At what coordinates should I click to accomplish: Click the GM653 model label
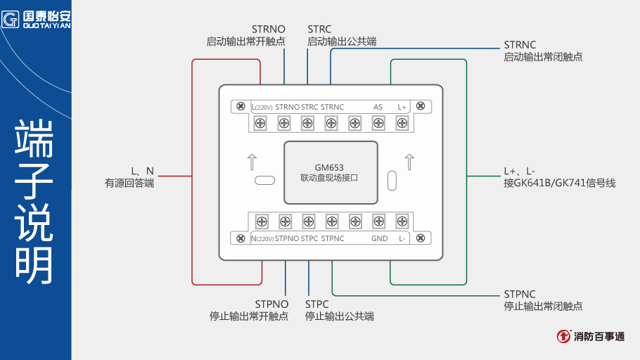(x=329, y=167)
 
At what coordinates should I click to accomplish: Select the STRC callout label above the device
(x=320, y=30)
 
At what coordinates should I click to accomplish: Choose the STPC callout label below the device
(x=317, y=304)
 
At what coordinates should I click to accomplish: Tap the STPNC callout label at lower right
(x=520, y=294)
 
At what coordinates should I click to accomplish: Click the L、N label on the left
(x=142, y=171)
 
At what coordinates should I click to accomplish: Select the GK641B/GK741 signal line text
(x=559, y=183)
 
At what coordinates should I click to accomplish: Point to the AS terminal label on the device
(x=378, y=107)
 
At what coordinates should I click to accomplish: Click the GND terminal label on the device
(x=379, y=238)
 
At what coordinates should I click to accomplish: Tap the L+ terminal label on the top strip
(x=402, y=107)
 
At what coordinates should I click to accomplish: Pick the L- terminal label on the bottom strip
(x=402, y=238)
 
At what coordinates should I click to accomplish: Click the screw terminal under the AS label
(x=378, y=124)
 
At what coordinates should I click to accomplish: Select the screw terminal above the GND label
(x=378, y=221)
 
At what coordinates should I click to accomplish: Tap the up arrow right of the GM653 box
(x=409, y=161)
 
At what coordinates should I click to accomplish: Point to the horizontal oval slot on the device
(x=264, y=180)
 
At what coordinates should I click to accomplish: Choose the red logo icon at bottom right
(x=563, y=337)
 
